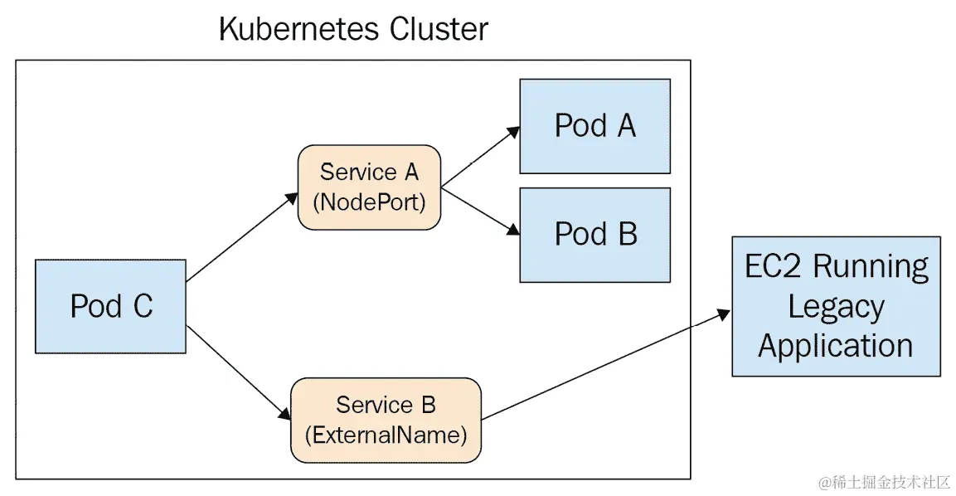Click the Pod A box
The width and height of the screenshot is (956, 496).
pyautogui.click(x=594, y=126)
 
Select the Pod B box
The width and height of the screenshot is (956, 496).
pyautogui.click(x=594, y=235)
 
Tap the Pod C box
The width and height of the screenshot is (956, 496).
pyautogui.click(x=110, y=306)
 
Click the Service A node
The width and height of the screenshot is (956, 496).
pyautogui.click(x=369, y=187)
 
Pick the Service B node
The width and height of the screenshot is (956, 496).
pyautogui.click(x=386, y=420)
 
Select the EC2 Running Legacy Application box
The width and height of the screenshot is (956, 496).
pyautogui.click(x=835, y=306)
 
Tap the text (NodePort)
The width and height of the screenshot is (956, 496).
pyautogui.click(x=369, y=202)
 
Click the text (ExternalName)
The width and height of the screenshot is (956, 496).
pyautogui.click(x=386, y=435)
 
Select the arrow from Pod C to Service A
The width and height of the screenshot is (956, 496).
pyautogui.click(x=241, y=237)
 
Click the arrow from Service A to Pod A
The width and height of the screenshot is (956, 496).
pyautogui.click(x=480, y=157)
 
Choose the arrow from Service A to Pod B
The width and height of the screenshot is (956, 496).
pyautogui.click(x=480, y=210)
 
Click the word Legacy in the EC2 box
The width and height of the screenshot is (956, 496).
pyautogui.click(x=835, y=306)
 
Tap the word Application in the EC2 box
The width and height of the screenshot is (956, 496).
pyautogui.click(x=835, y=345)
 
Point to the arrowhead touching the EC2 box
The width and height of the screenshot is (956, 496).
pyautogui.click(x=724, y=314)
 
